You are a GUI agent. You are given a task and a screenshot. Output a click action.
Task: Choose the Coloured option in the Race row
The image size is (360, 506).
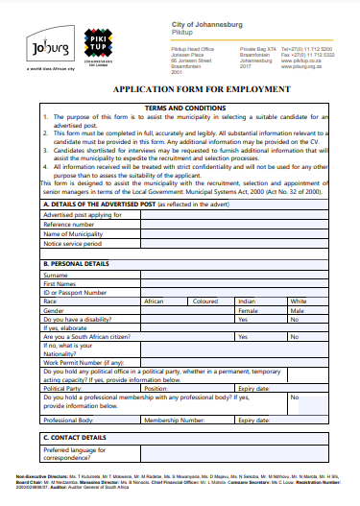point(206,301)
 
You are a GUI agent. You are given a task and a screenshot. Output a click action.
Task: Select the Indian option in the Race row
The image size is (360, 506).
point(247,301)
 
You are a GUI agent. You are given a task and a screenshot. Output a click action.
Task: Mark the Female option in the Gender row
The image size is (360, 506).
point(249,311)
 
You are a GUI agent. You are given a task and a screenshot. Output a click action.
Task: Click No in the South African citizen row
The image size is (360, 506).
point(295,337)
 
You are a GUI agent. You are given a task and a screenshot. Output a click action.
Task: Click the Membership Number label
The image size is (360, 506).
point(176,420)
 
